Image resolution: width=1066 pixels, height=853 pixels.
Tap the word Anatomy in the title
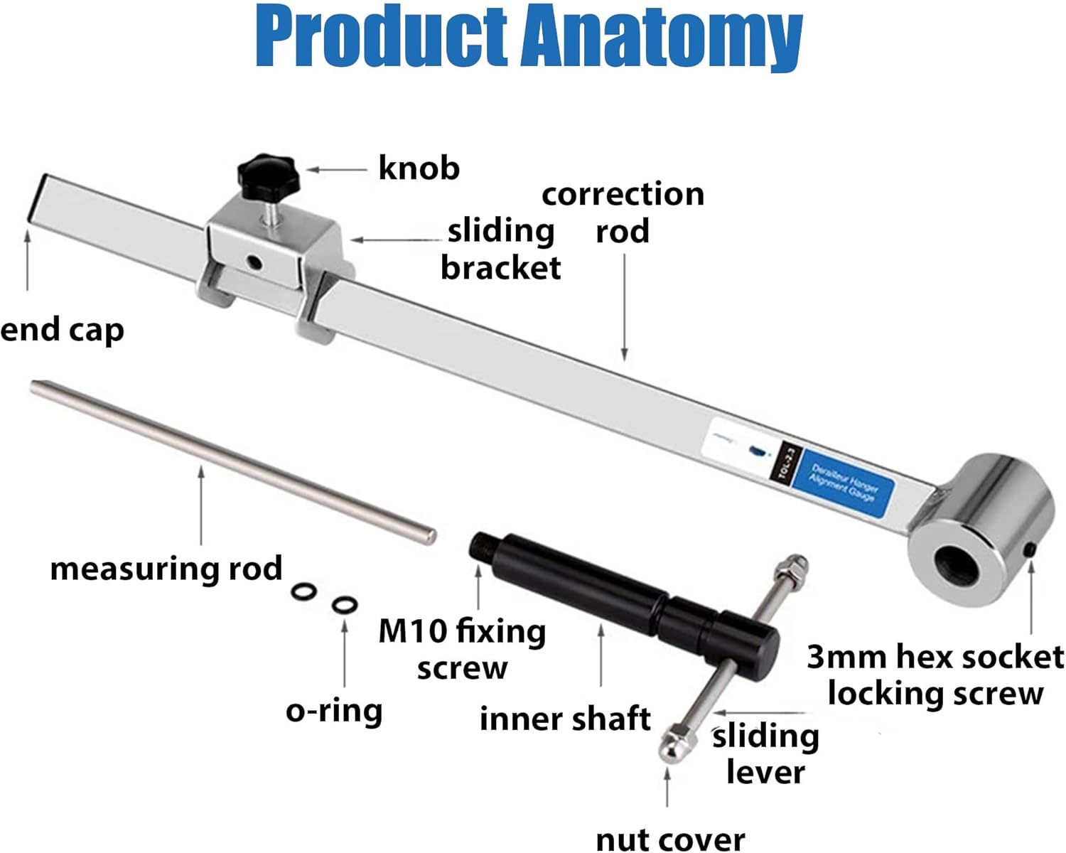[x=662, y=36]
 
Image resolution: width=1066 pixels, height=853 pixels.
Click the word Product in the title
[x=382, y=36]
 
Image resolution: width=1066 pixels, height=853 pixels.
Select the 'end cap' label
[x=62, y=330]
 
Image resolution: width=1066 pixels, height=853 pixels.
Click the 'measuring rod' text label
[x=166, y=569]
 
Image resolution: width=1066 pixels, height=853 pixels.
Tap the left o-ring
[x=304, y=592]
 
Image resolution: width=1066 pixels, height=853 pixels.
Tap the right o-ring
[x=345, y=606]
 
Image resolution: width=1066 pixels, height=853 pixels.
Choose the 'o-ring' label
[x=334, y=711]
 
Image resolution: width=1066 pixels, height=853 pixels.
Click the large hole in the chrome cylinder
[x=957, y=562]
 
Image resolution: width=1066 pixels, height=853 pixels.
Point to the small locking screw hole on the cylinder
[x=1030, y=549]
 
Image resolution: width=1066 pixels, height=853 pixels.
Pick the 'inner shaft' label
[x=565, y=719]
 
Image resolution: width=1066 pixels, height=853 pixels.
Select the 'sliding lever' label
[x=765, y=754]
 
